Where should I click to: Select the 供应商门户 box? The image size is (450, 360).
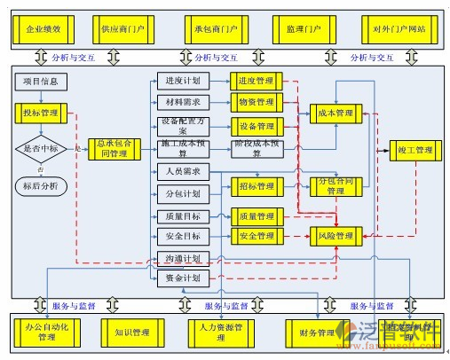tap(124, 29)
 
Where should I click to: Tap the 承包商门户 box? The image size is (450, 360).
tap(216, 29)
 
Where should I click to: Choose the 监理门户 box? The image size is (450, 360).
tap(304, 29)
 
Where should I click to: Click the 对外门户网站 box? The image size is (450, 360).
tap(394, 29)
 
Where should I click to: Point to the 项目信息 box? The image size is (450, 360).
tap(40, 82)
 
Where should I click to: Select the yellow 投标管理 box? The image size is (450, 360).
tap(41, 113)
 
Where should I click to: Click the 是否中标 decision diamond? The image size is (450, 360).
tap(41, 148)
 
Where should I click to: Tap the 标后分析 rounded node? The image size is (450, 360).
tap(41, 184)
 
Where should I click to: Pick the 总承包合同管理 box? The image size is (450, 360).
tap(114, 148)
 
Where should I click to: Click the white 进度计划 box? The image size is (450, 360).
tap(183, 82)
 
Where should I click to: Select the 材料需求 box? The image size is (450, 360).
tap(183, 102)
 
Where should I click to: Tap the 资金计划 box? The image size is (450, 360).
tap(183, 278)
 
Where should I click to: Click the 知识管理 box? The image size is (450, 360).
tap(132, 333)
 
